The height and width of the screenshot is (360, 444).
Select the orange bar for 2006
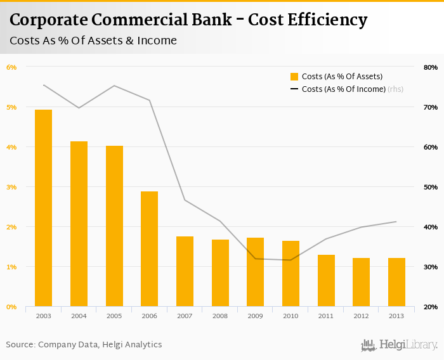[x=149, y=249]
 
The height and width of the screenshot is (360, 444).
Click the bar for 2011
[x=326, y=281]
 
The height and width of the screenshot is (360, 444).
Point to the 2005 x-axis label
[x=114, y=316]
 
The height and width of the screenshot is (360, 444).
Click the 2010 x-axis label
[x=291, y=316]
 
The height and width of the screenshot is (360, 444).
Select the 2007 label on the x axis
[x=185, y=316]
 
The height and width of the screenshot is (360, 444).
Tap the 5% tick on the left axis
[x=11, y=107]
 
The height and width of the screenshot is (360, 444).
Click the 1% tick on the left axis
[x=11, y=267]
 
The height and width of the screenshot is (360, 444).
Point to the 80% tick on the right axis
[x=431, y=67]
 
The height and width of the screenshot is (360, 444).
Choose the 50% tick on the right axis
[x=431, y=187]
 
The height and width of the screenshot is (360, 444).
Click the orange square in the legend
[x=294, y=77]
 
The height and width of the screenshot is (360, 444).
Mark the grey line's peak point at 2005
[x=114, y=86]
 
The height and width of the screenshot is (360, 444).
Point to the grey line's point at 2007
[x=185, y=200]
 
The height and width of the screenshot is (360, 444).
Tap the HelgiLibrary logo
[x=399, y=345]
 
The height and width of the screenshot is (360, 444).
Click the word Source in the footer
[x=20, y=345]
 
